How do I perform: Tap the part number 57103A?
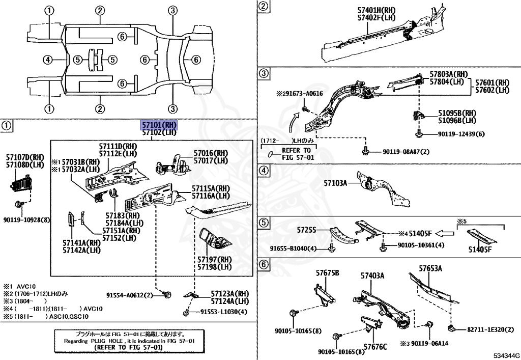coord(336,183)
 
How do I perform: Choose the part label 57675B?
coord(327,273)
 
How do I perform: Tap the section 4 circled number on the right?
coord(263,171)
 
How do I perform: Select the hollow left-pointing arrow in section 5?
coord(445,234)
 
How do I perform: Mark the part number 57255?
coord(307,230)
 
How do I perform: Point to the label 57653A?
coord(430,268)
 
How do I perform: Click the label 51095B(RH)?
coord(456,113)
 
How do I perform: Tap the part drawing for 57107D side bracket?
coord(21,182)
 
